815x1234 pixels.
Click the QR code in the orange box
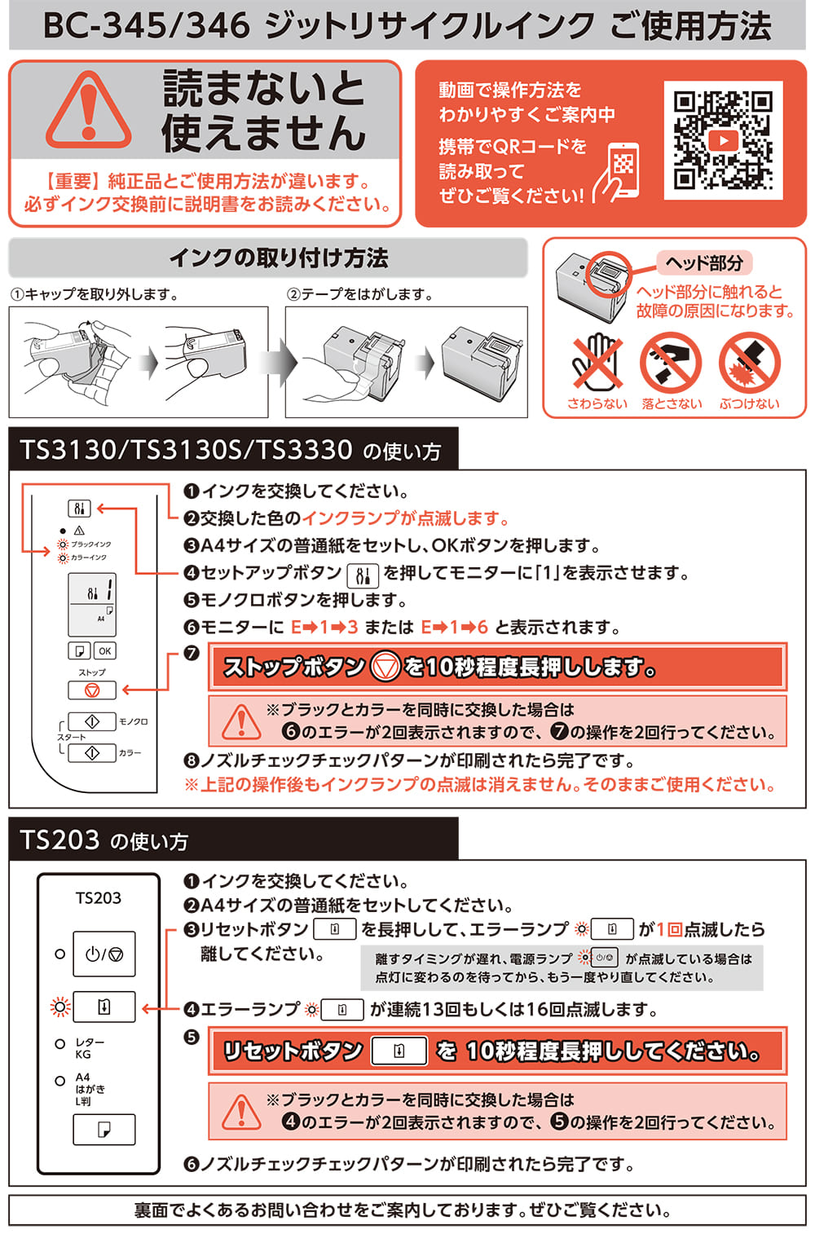[723, 140]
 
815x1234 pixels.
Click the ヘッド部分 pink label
[704, 262]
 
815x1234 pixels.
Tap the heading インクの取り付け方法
[278, 258]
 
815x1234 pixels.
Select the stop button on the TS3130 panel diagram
[92, 690]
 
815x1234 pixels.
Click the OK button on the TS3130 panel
[105, 650]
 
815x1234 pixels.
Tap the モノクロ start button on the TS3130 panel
[91, 721]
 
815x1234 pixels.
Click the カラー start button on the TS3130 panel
[91, 752]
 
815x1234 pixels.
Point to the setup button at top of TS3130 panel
[79, 509]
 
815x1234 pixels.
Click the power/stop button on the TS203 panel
[104, 954]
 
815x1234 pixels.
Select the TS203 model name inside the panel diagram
[98, 898]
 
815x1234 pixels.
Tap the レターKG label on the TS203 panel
[89, 1048]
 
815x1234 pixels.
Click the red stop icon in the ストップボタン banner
[385, 667]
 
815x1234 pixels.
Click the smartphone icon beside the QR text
[619, 172]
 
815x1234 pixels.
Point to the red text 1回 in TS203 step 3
[670, 929]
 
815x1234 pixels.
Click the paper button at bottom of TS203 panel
[104, 1129]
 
